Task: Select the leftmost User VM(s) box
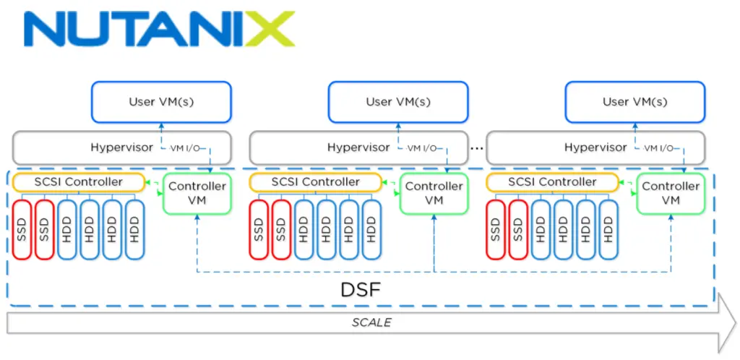pos(160,101)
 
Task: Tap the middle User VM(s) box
pos(397,101)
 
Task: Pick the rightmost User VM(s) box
pos(634,101)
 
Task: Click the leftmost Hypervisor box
pos(121,147)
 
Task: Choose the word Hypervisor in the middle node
pos(358,147)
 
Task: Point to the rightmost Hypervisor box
pos(595,147)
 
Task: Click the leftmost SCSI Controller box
pos(78,182)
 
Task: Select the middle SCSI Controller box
pos(315,182)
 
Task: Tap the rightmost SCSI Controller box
pos(552,182)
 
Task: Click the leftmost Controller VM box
pos(197,193)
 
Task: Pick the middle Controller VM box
pos(434,193)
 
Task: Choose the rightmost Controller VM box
pos(671,193)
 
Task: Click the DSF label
pos(360,291)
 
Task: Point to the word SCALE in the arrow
pos(371,322)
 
